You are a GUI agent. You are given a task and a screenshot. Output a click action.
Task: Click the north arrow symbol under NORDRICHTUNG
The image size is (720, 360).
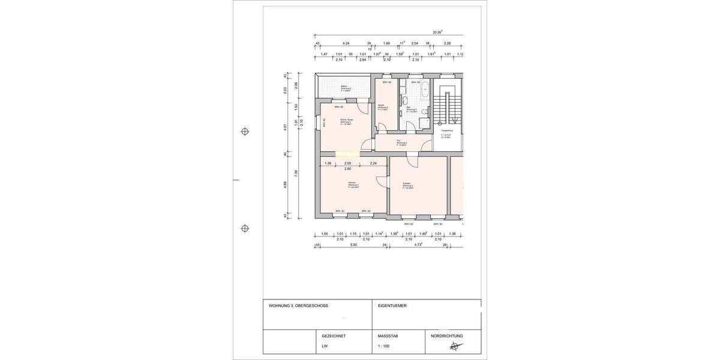tap(456, 346)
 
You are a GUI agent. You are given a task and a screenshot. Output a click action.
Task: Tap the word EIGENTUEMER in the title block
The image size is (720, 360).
tap(392, 306)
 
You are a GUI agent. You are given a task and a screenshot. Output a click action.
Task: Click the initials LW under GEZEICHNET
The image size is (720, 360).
tap(325, 347)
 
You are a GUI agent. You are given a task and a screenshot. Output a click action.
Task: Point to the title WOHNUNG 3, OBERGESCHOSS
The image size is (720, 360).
tap(298, 306)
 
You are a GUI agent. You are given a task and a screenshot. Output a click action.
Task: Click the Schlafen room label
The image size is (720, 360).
tap(407, 185)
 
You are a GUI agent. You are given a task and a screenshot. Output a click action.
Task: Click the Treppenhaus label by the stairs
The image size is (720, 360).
tap(446, 131)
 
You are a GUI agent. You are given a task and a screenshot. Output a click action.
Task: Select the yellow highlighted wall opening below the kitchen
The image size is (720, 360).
tap(347, 154)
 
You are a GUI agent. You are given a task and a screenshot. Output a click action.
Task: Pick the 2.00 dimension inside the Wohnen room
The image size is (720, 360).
tap(347, 163)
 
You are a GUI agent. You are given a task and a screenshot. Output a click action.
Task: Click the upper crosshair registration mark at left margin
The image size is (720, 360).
tap(245, 131)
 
